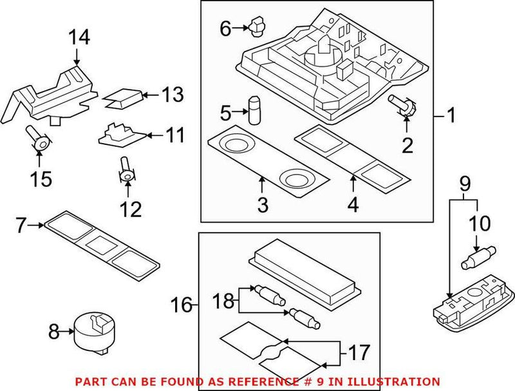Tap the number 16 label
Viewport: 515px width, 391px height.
182,305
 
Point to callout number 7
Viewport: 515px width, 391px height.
22,225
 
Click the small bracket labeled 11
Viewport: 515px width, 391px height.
120,133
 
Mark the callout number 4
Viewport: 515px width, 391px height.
353,205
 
